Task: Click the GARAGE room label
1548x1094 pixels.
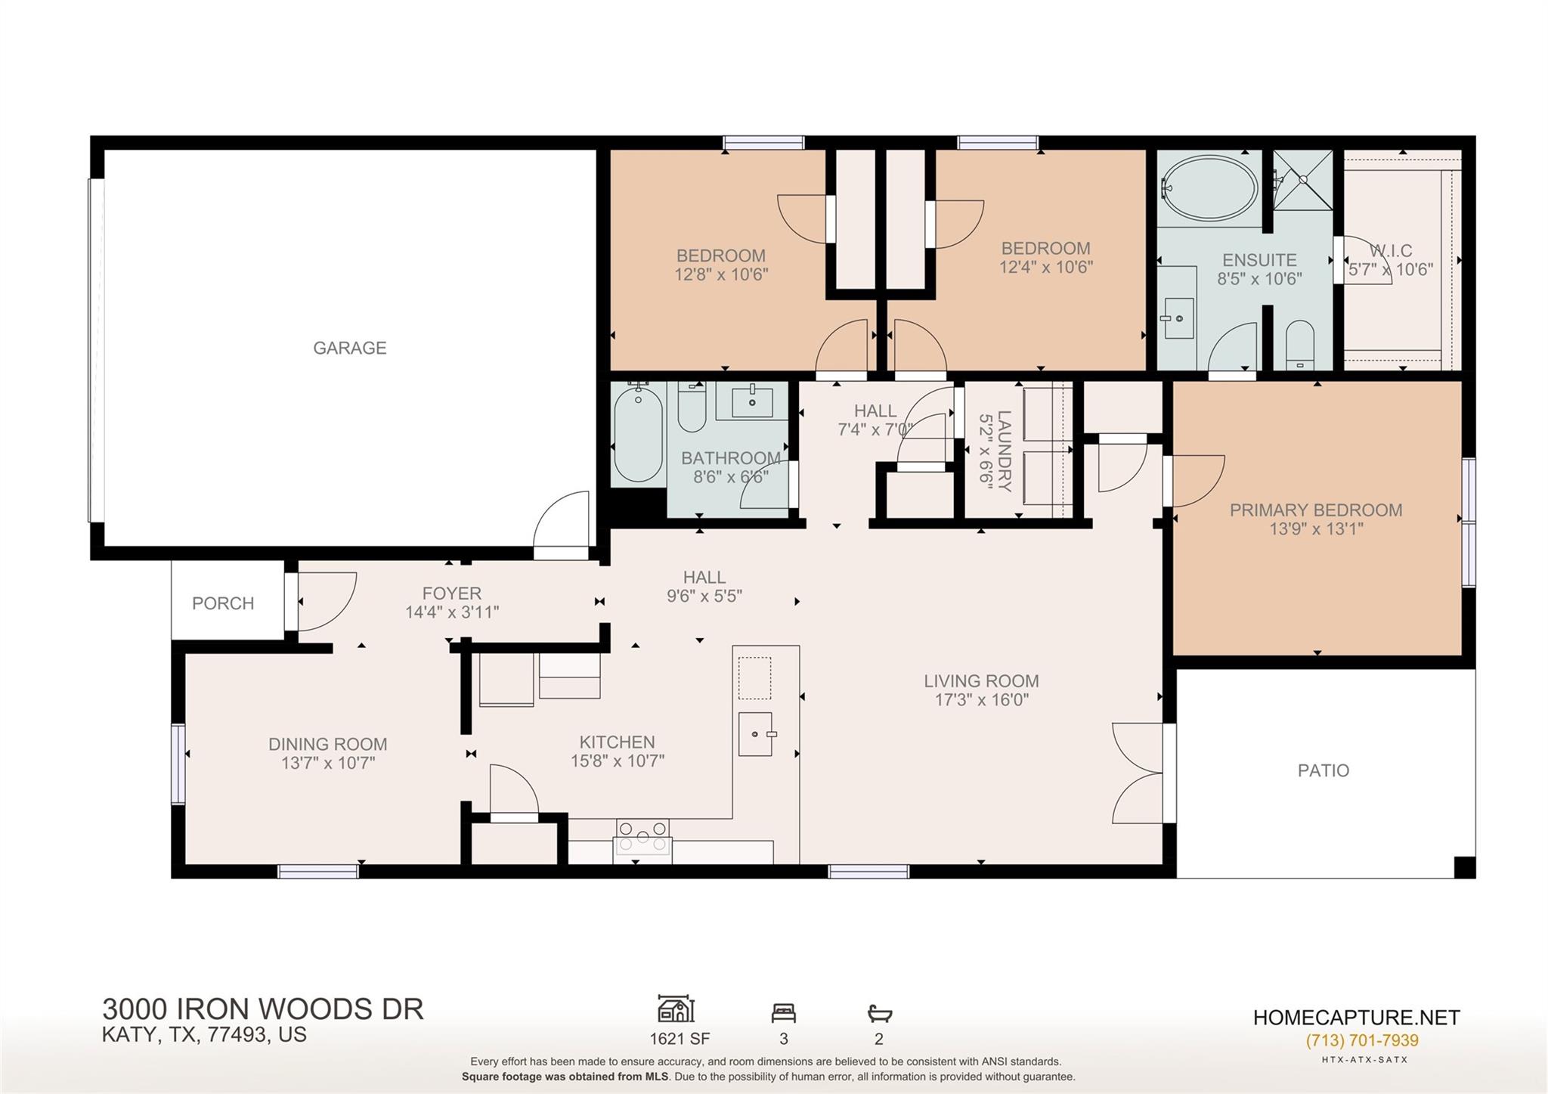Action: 350,348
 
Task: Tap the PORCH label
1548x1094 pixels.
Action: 222,603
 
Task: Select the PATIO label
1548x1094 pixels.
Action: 1323,770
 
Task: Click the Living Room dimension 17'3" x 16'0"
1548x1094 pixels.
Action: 981,700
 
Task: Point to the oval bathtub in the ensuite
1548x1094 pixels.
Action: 1209,187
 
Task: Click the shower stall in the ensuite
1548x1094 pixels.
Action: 1302,180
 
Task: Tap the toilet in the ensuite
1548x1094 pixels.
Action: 1300,345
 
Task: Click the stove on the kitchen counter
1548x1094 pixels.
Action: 642,837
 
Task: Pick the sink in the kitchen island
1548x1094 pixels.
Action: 755,734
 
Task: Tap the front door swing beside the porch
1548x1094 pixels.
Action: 325,601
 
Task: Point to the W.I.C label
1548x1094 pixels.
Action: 1390,250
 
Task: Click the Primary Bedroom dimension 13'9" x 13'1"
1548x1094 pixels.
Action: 1315,529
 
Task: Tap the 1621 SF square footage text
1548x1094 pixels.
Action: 679,1039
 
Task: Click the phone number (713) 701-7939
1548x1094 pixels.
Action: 1361,1040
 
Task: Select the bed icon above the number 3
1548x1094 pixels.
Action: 783,1012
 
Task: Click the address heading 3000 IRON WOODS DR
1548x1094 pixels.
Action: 263,1009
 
